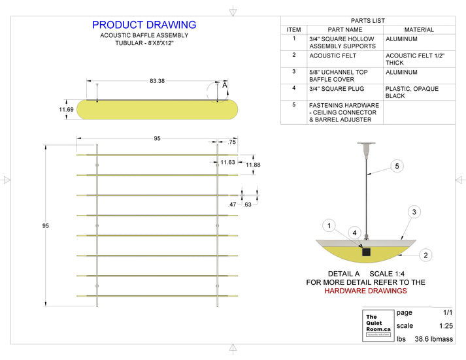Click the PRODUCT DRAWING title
pos(144,25)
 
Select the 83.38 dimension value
pos(157,81)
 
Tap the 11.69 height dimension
pos(66,110)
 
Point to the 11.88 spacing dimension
pos(253,165)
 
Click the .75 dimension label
pos(231,142)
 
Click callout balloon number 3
pos(413,212)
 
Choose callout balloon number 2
pos(425,255)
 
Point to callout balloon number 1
pos(331,226)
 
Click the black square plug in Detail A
pos(366,251)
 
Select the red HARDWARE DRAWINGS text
pos(365,291)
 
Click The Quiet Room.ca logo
pos(377,325)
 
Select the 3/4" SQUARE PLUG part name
pos(337,89)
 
